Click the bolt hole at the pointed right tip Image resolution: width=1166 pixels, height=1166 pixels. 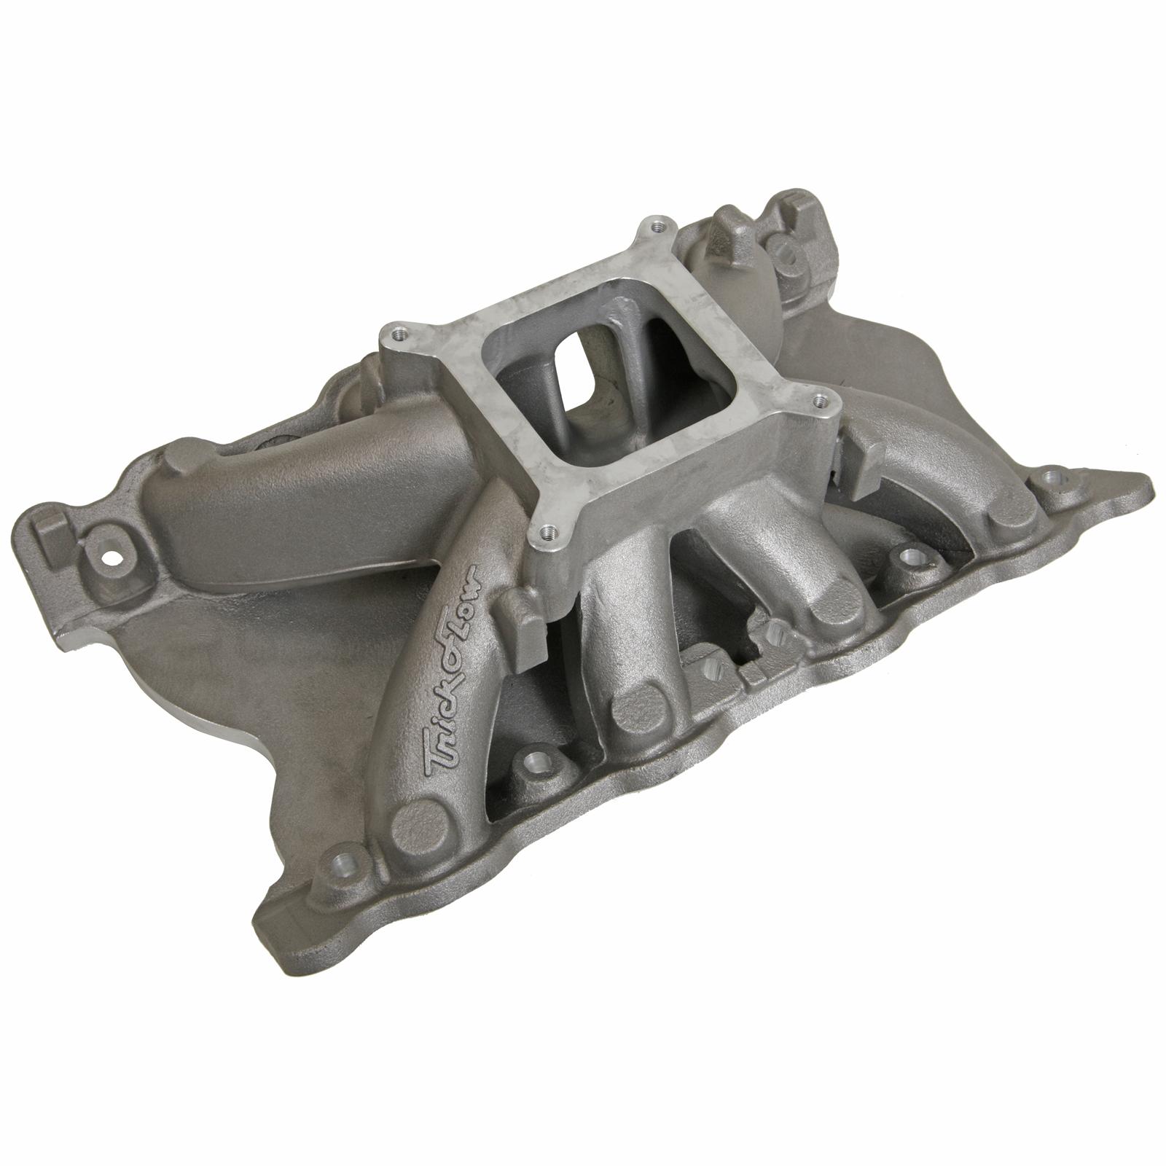click(x=1050, y=478)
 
